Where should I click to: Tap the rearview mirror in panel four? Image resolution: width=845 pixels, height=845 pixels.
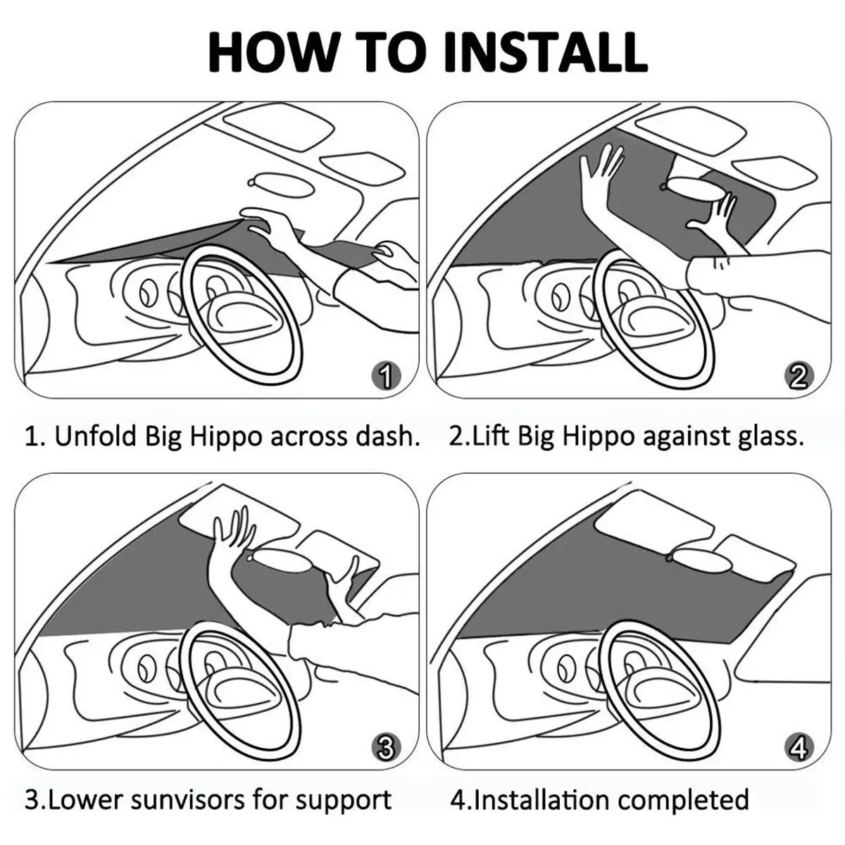694,557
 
